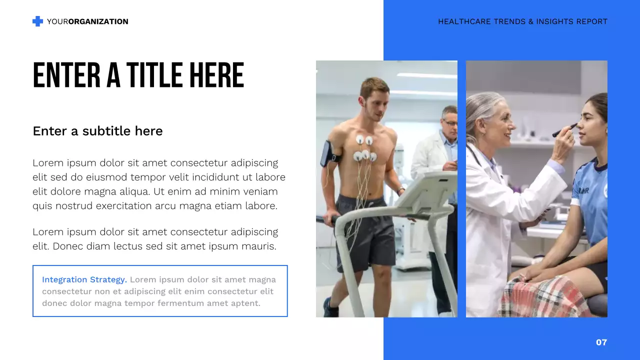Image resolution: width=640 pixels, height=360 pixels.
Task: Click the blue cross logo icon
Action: (37, 21)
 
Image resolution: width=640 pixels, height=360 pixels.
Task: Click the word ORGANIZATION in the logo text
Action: (98, 21)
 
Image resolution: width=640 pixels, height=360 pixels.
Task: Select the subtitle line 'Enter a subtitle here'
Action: (97, 131)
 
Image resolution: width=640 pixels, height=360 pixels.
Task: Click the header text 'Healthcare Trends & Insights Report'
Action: (522, 21)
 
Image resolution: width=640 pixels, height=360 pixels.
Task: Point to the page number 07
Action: (601, 342)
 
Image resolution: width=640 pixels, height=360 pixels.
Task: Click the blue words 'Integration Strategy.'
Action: (84, 280)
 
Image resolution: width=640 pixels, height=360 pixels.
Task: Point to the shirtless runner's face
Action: (374, 98)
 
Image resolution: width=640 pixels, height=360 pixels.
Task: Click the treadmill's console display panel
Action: (427, 192)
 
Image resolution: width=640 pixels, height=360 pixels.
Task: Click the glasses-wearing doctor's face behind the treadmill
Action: (449, 121)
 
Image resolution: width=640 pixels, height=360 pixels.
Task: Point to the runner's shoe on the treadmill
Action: (330, 308)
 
